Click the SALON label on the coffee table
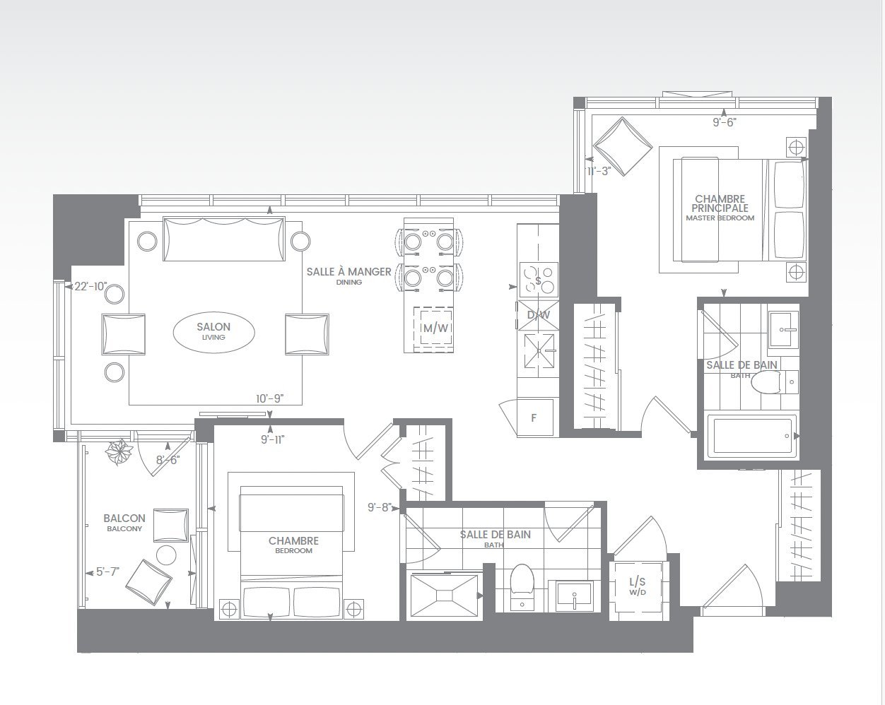pyautogui.click(x=213, y=327)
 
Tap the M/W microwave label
pyautogui.click(x=436, y=328)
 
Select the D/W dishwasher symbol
pyautogui.click(x=539, y=315)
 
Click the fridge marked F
pyautogui.click(x=534, y=417)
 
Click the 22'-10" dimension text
pyautogui.click(x=91, y=287)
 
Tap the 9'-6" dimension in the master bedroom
pyautogui.click(x=725, y=122)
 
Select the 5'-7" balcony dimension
pyautogui.click(x=107, y=571)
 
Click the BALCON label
pyautogui.click(x=124, y=519)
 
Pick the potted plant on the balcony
pyautogui.click(x=119, y=451)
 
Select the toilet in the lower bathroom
pyautogui.click(x=522, y=586)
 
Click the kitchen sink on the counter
pyautogui.click(x=539, y=350)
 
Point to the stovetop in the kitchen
pyautogui.click(x=539, y=280)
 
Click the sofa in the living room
pyautogui.click(x=223, y=239)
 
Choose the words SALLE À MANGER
pyautogui.click(x=348, y=272)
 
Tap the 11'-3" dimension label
pyautogui.click(x=599, y=172)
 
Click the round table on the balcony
pyautogui.click(x=166, y=555)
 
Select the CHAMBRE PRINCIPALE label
pyautogui.click(x=720, y=203)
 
